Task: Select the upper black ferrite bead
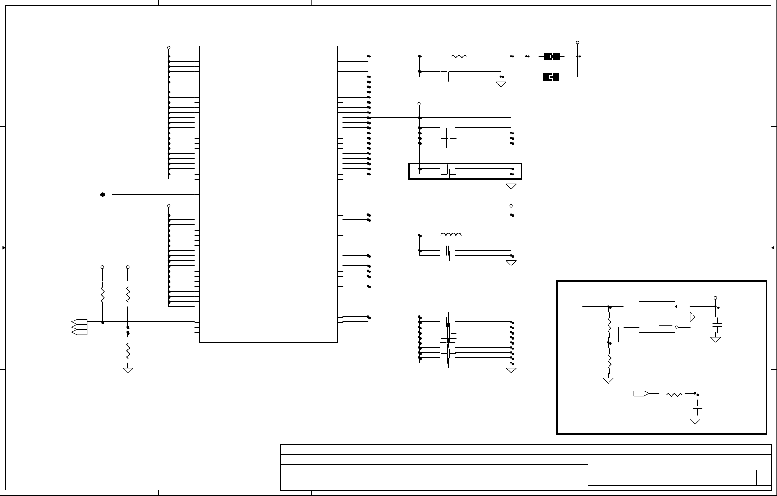coord(551,57)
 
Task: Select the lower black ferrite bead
coord(551,77)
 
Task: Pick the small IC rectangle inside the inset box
coord(657,317)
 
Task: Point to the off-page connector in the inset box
coord(640,394)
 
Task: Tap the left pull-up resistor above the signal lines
coord(103,294)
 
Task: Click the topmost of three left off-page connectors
coord(79,322)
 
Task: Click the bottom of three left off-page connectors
coord(79,332)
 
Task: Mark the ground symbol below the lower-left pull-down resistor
coord(128,370)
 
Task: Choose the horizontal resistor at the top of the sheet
coord(459,56)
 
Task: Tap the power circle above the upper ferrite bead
coord(577,42)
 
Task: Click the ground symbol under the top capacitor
coord(501,84)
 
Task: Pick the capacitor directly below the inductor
coord(448,253)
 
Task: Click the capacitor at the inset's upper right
coord(718,324)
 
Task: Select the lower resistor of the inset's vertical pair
coord(609,360)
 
